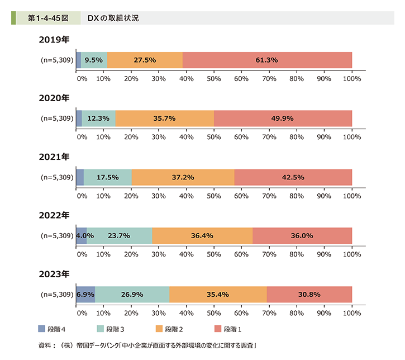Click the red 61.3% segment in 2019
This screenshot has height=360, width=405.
tap(267, 60)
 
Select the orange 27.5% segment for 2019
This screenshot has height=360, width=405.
tap(145, 60)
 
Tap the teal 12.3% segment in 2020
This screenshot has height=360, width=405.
tap(99, 119)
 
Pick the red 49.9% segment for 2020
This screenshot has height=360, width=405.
tap(283, 119)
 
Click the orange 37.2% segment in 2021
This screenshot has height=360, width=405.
tap(183, 177)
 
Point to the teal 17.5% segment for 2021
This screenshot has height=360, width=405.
tap(108, 177)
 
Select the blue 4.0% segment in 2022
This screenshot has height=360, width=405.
tap(82, 236)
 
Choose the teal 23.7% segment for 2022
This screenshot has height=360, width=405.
tap(120, 236)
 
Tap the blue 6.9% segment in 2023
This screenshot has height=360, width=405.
tap(85, 294)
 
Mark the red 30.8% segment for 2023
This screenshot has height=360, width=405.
tap(309, 294)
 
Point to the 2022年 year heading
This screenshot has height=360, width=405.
tap(54, 215)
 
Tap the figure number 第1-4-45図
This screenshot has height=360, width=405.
tap(48, 18)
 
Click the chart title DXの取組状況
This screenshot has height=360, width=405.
tap(113, 18)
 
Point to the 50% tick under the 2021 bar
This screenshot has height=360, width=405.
tap(214, 196)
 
